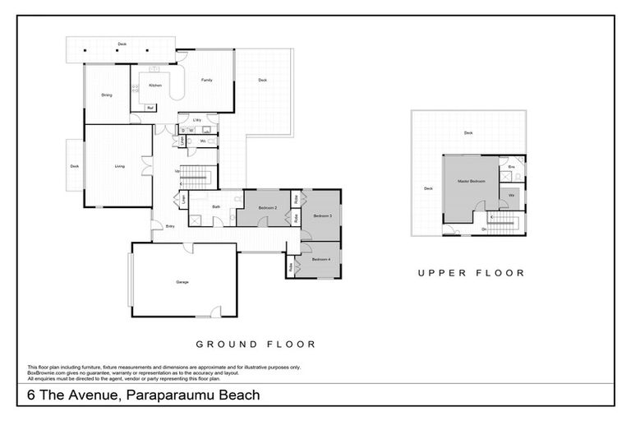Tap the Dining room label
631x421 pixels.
point(107,95)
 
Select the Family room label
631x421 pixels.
point(207,80)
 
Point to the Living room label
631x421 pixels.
point(120,166)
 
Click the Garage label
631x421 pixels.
point(182,282)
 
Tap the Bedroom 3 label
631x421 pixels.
point(321,215)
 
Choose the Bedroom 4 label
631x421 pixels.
point(320,260)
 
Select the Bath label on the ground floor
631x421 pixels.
point(216,206)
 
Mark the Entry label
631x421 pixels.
point(170,226)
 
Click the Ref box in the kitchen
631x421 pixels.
point(150,107)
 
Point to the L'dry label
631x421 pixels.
point(196,120)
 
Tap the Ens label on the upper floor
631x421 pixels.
point(511,167)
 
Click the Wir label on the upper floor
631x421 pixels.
point(511,195)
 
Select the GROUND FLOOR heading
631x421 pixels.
point(255,345)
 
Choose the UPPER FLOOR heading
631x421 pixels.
point(471,273)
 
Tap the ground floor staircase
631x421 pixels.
point(196,175)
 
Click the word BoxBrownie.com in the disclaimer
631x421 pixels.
point(45,372)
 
